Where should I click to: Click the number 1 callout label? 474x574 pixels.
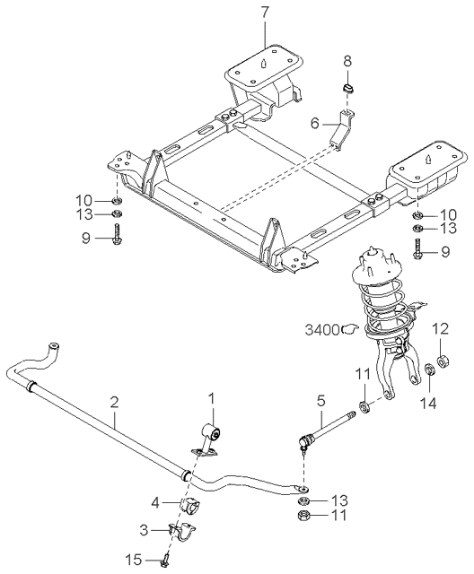pos(212,396)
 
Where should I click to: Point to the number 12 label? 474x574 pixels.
pos(439,329)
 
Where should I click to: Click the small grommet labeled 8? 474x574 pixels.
pos(349,90)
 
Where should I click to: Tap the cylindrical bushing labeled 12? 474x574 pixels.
pos(440,363)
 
